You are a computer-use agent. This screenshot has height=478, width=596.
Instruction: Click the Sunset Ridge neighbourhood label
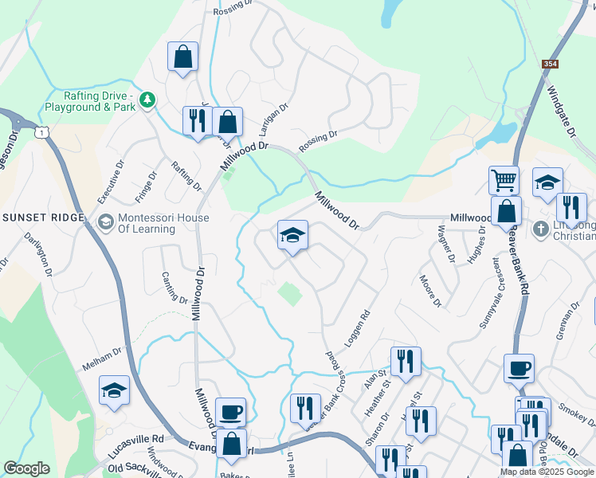click(43, 217)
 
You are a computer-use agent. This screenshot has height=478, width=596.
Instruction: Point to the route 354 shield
click(550, 64)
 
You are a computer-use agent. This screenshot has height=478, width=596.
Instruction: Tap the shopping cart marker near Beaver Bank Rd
click(504, 181)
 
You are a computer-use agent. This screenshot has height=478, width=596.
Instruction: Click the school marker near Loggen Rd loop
click(293, 235)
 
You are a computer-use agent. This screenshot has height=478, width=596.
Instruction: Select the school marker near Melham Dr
click(114, 390)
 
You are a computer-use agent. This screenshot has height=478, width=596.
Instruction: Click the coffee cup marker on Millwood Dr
click(230, 412)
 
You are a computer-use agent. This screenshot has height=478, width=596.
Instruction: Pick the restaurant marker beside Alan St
click(406, 361)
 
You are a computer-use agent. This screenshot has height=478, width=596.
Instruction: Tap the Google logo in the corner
click(26, 468)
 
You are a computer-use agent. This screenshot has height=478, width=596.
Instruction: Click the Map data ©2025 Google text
click(547, 472)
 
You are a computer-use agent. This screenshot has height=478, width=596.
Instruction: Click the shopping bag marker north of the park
click(182, 57)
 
